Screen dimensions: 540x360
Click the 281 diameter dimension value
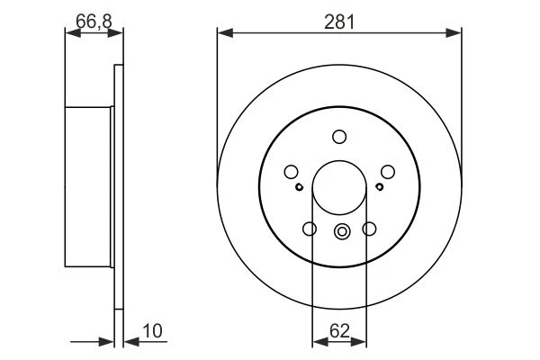point(339,22)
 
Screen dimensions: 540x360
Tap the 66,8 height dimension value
point(94,22)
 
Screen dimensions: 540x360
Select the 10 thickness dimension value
point(152,331)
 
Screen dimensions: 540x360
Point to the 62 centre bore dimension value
point(339,331)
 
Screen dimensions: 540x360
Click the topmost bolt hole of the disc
point(339,137)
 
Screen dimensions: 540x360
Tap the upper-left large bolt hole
point(291,172)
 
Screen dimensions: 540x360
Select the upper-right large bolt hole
point(388,172)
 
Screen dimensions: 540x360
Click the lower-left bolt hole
point(310,229)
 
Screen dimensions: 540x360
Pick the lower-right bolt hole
point(369,229)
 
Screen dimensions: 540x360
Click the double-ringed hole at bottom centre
point(342,231)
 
